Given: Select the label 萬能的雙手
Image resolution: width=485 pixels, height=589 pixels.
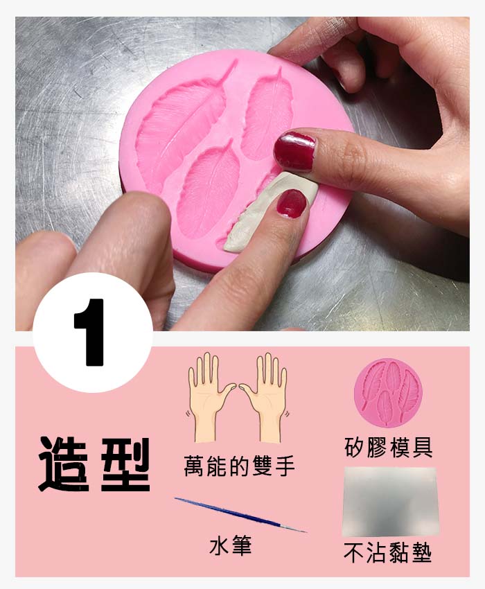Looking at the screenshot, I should tap(239, 466).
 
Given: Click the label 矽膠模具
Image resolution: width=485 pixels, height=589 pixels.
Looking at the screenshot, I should tap(389, 447).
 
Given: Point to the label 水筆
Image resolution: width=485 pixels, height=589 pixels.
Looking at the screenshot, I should tap(230, 546).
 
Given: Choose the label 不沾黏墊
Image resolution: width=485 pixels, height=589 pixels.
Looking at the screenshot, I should tap(388, 553).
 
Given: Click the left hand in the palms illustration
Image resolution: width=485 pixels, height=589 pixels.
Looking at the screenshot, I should tap(209, 396).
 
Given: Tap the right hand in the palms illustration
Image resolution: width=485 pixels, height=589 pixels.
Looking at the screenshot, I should tap(266, 396).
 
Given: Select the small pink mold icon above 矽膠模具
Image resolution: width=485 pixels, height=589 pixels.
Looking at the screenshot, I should tap(388, 392).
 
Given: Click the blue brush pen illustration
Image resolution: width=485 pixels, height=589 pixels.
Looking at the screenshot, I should tap(240, 515).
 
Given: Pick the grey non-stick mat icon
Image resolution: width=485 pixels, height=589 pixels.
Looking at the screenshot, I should tap(390, 501).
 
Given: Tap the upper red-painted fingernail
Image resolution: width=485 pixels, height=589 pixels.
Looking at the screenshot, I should tap(294, 150).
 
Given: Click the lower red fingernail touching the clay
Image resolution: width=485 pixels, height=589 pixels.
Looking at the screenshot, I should tap(292, 203).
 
